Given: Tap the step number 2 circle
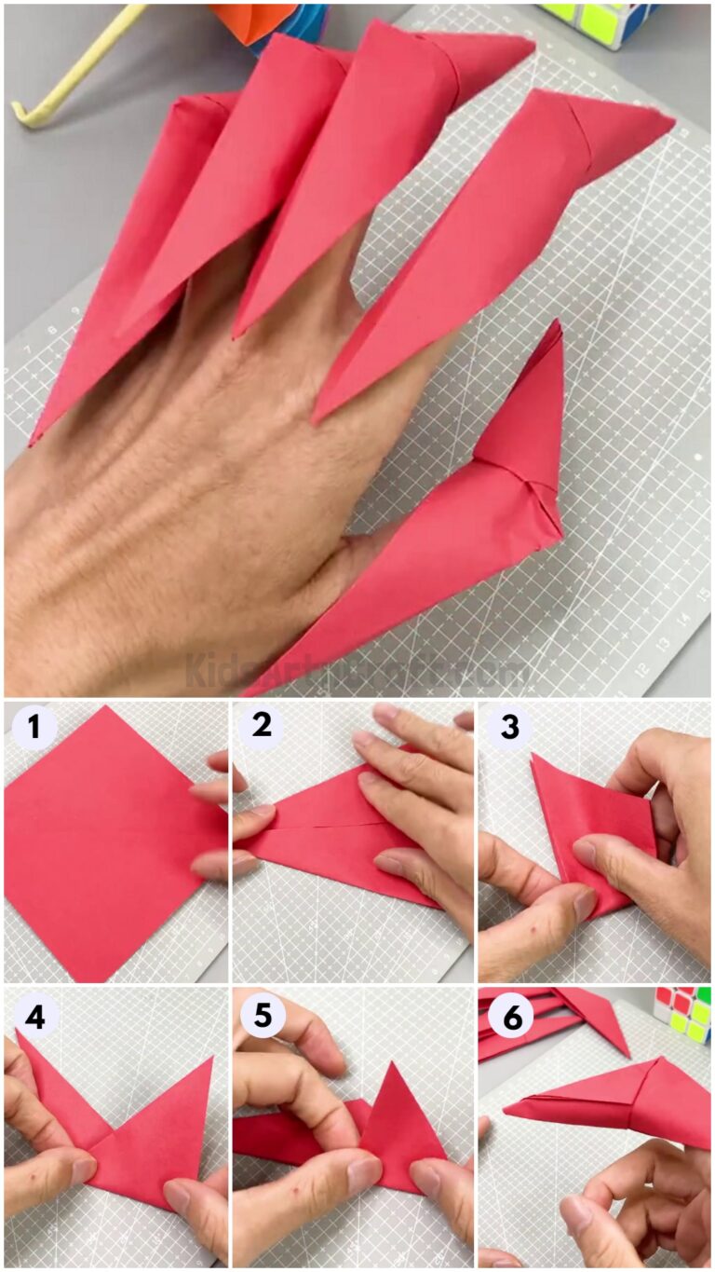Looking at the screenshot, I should (262, 726).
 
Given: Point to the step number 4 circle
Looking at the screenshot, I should (34, 1016).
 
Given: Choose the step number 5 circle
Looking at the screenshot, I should (262, 1016).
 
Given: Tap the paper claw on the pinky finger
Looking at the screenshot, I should (121, 280).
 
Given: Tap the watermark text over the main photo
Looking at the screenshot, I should (354, 669).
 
